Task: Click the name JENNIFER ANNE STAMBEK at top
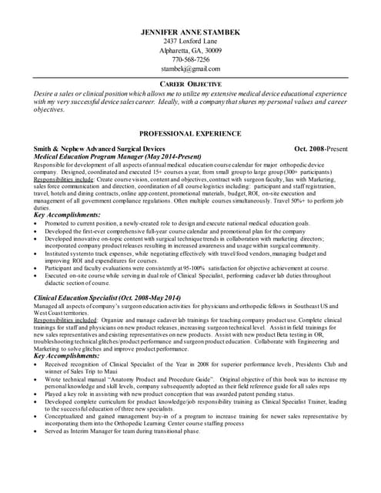pos(191,31)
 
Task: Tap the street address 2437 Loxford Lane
pos(191,41)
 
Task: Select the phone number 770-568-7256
pos(191,59)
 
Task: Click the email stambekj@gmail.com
pos(191,69)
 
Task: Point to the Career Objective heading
pos(190,83)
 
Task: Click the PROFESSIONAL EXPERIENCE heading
pos(190,132)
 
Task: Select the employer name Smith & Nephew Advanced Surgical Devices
pos(100,147)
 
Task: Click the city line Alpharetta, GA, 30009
pos(191,50)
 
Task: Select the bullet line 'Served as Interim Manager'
pos(123,431)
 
